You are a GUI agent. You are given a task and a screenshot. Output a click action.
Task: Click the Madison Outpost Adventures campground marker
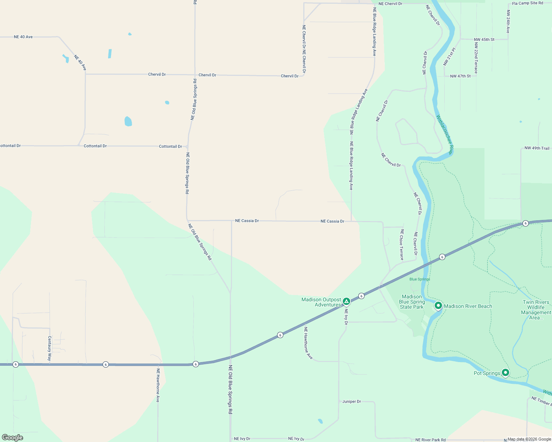click(346, 302)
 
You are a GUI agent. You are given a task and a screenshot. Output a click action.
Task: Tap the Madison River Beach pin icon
click(438, 305)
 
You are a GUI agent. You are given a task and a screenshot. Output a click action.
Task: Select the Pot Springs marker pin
click(506, 373)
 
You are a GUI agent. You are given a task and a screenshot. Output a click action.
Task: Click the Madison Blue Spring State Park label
click(412, 302)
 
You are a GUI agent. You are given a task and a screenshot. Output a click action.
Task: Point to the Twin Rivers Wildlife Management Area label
click(536, 310)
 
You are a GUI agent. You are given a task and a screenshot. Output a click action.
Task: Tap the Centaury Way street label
click(49, 348)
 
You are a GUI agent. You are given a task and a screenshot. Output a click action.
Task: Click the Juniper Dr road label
click(351, 401)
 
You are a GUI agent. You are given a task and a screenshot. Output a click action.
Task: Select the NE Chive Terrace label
click(401, 245)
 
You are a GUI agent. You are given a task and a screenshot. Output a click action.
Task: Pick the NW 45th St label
click(484, 39)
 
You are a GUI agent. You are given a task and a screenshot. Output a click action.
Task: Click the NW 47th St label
click(460, 76)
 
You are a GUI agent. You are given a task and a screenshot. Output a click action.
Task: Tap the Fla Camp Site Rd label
click(527, 3)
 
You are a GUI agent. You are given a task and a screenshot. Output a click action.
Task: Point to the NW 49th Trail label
click(537, 148)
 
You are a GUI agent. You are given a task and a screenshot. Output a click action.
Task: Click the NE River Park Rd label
click(430, 440)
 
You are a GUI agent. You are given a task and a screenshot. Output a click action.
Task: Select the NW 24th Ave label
click(508, 21)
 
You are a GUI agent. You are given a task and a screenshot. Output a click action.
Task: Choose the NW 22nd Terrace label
click(476, 58)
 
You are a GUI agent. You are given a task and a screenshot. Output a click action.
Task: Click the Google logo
click(13, 438)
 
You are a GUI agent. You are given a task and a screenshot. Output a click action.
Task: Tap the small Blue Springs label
click(420, 279)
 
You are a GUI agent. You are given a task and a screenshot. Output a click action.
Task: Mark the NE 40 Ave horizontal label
click(23, 37)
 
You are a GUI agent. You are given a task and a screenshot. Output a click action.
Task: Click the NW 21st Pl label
click(449, 56)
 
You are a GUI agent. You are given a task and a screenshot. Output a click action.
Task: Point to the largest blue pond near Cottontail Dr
click(128, 121)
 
